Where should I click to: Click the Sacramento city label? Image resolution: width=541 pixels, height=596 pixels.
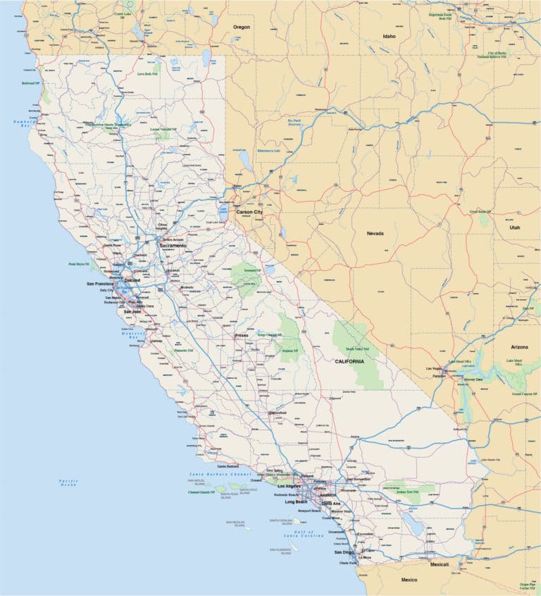[x=173, y=245]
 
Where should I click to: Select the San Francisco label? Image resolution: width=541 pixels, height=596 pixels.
[x=99, y=284]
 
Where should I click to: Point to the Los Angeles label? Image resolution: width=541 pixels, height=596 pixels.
[x=289, y=487]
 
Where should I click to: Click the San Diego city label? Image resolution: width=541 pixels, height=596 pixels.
[x=344, y=552]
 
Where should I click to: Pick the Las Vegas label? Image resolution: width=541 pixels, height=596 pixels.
[x=435, y=368]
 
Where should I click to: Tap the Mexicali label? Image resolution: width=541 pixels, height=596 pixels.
[x=440, y=564]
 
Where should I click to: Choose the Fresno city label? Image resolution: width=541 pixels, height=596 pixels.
[x=242, y=336]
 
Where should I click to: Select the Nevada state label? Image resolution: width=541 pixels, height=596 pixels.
[x=375, y=233]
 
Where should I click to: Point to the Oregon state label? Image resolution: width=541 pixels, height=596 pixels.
[x=242, y=27]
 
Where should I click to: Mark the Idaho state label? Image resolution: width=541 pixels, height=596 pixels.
[x=389, y=36]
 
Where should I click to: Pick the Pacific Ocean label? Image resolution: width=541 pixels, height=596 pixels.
[x=68, y=483]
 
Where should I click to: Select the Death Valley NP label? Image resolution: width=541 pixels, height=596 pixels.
[x=358, y=349]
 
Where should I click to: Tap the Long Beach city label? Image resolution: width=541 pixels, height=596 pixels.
[x=296, y=501]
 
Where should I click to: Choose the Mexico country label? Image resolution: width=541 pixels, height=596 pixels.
[x=409, y=580]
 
